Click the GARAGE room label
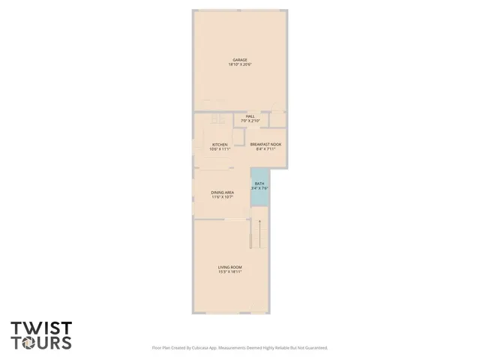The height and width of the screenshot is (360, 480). pos(239,60)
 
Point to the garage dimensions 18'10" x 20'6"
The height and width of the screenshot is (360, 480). pos(239,64)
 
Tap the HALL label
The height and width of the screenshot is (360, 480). pos(250,116)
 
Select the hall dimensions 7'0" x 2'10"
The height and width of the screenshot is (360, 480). pos(250,121)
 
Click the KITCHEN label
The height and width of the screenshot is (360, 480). pos(219,145)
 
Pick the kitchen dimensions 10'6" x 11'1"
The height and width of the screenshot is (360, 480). pos(219,149)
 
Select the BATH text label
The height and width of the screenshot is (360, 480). pos(259,184)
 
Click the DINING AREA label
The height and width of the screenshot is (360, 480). pos(223,193)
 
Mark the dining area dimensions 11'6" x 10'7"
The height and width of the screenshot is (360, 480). pos(223,197)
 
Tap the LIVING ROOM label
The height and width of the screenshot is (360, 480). pos(229,267)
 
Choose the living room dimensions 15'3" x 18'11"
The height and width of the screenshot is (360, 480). pos(229,271)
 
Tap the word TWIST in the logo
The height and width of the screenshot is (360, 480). pos(41,328)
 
